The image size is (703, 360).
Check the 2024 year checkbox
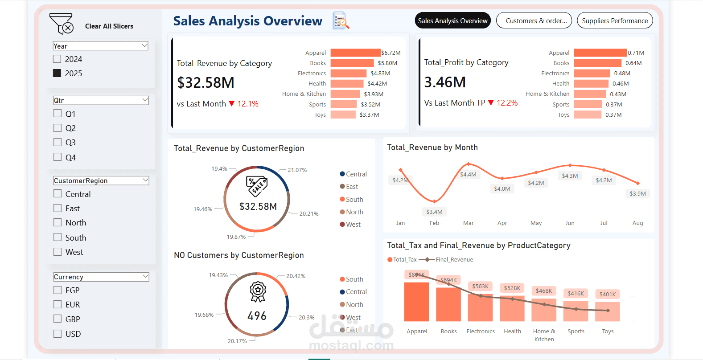point(57,59)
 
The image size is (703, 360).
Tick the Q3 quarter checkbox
point(58,142)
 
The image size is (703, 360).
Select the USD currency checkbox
point(58,333)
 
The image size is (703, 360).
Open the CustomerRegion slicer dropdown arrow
point(145,180)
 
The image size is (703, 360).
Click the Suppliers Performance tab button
point(614,20)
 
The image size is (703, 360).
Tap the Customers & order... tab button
point(534,20)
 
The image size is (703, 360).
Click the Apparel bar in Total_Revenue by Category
point(355,53)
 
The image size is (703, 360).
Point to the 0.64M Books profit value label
point(633,63)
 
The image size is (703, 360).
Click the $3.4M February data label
point(434,212)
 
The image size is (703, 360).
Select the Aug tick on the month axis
point(637,223)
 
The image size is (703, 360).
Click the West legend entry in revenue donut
point(353,225)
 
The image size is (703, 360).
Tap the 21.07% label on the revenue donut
point(297,170)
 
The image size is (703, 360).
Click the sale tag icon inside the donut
point(257,186)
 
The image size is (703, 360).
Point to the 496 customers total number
point(257,316)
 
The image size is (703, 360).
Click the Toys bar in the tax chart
point(607,311)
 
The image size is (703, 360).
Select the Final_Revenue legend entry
point(454,260)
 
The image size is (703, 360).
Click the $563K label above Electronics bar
point(480,286)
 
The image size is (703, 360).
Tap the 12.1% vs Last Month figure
point(248,104)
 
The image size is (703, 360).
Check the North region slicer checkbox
point(58,222)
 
